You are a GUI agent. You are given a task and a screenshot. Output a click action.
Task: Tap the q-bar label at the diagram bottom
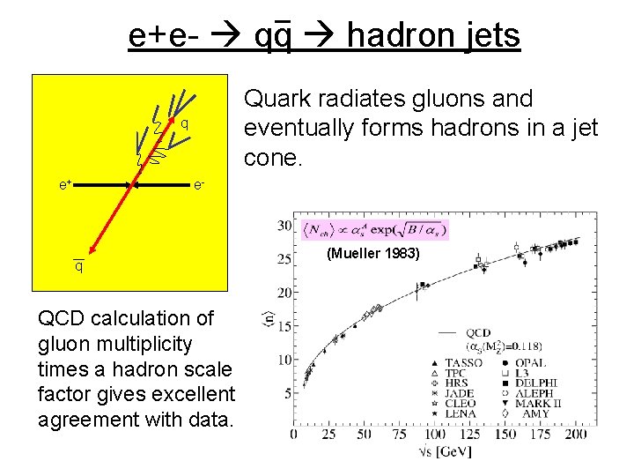tap(78, 265)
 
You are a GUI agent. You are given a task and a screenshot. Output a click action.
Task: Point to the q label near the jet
tap(185, 123)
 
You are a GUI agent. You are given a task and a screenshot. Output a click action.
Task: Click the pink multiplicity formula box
tap(374, 229)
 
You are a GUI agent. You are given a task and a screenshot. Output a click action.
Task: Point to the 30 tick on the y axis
tap(284, 227)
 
